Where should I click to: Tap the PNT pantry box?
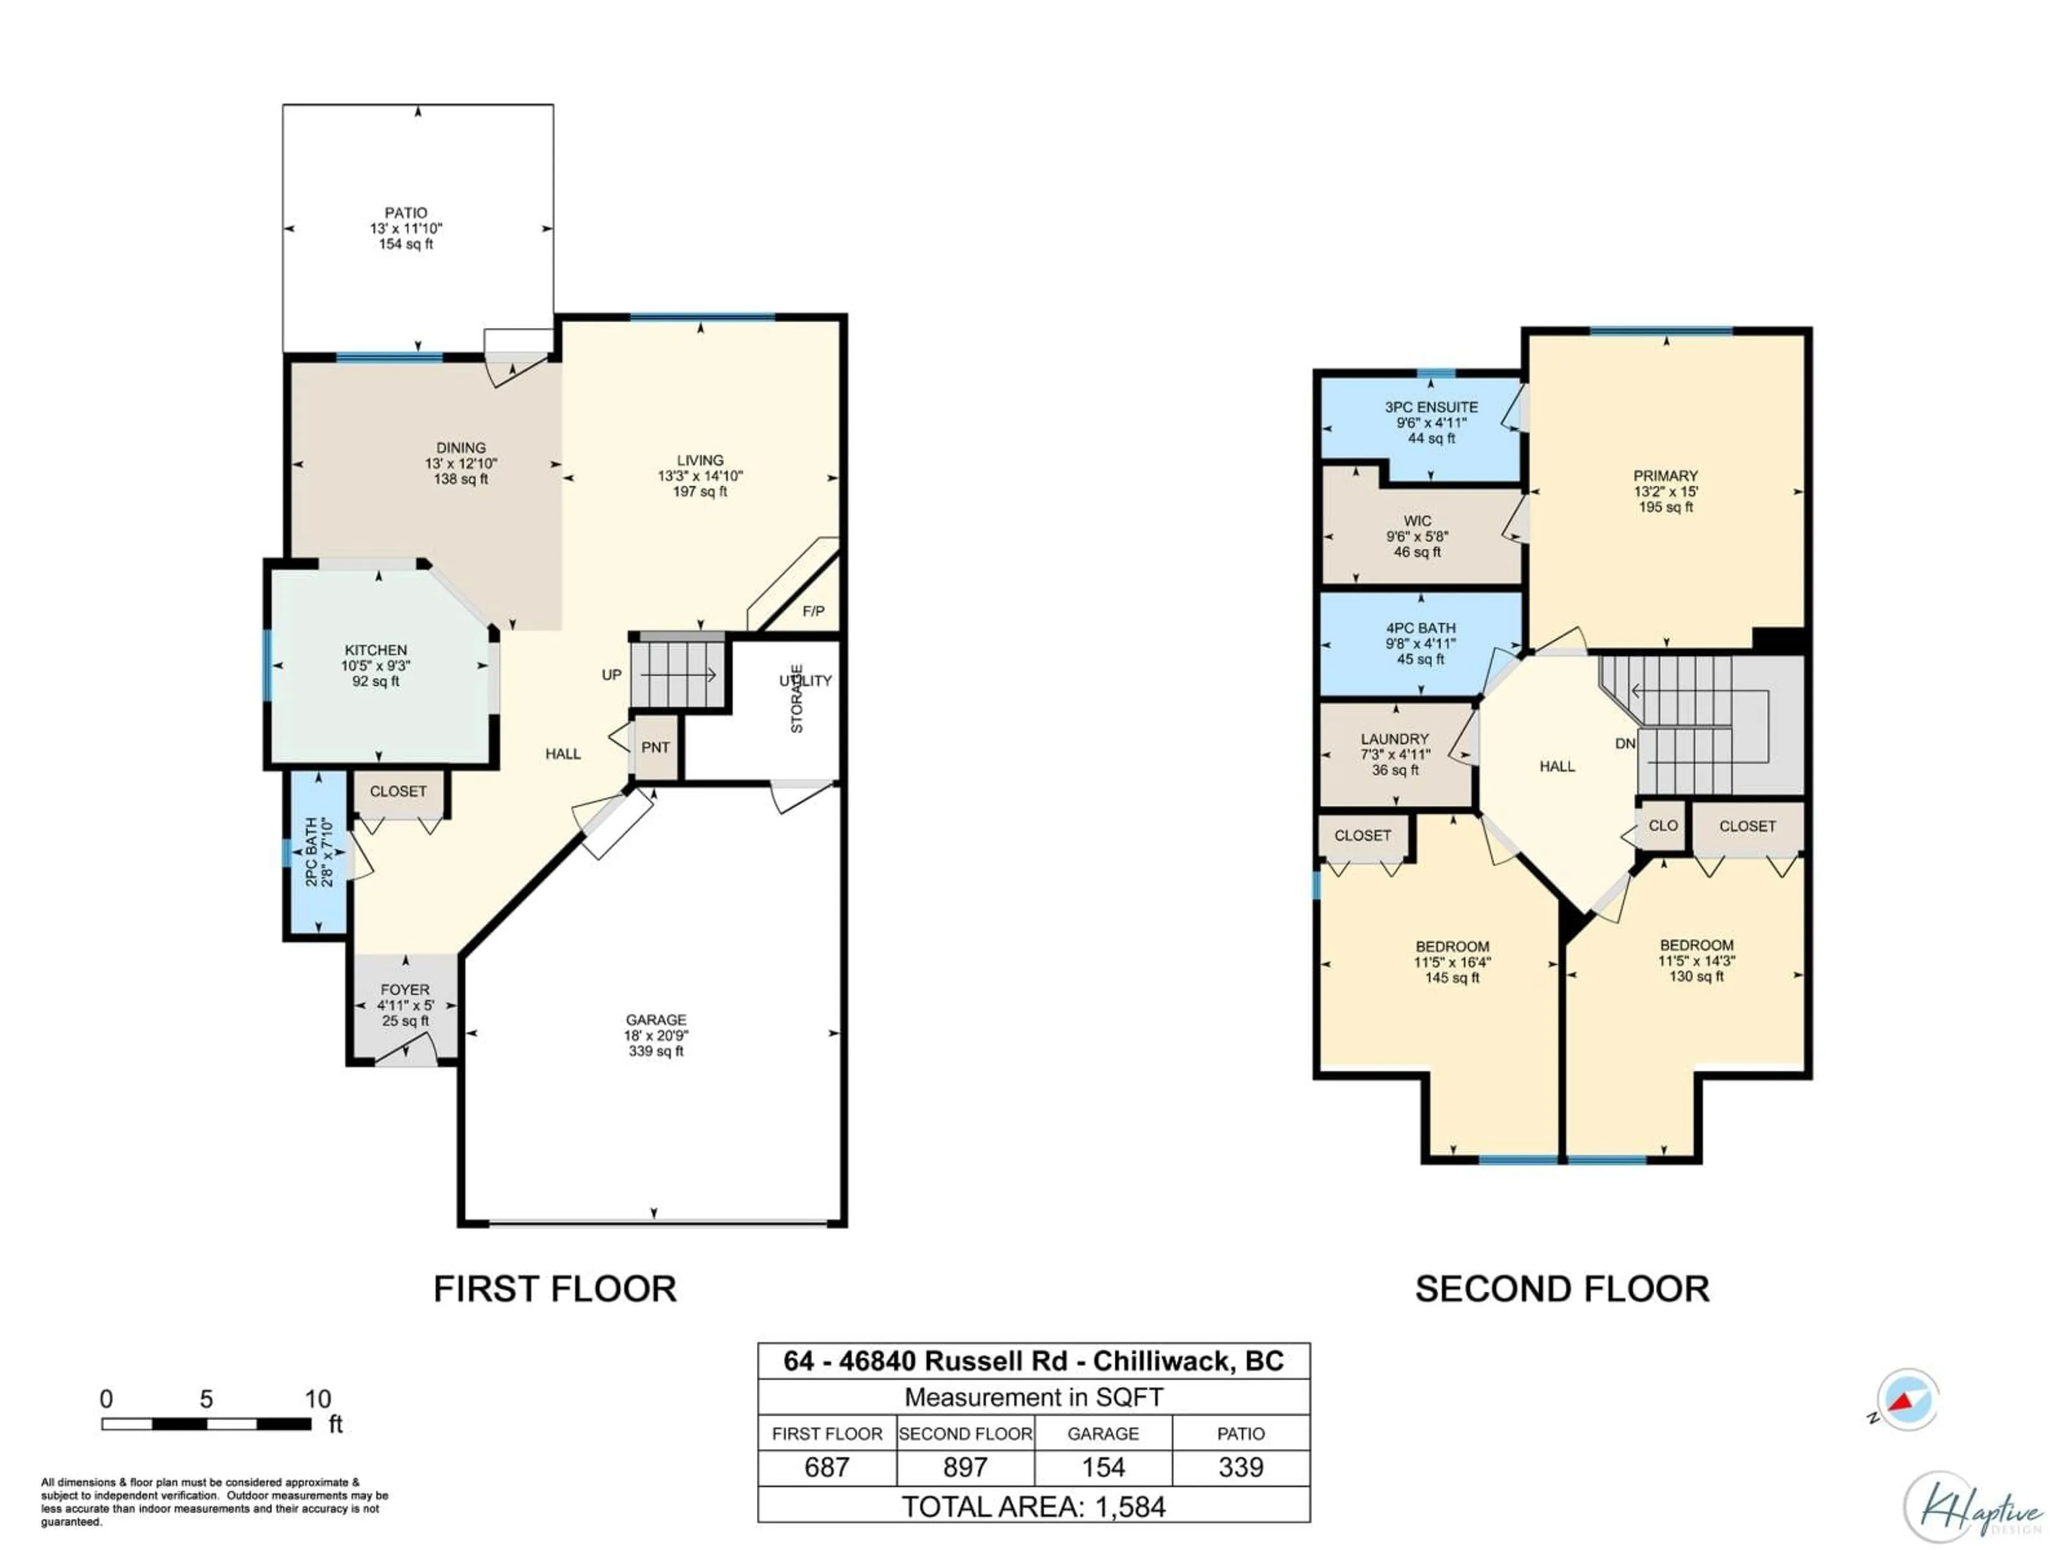(655, 748)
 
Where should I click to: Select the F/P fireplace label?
(813, 611)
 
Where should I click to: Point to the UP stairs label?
(611, 674)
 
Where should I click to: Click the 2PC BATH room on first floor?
(318, 852)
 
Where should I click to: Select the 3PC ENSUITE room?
(1431, 422)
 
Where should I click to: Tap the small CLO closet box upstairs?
(1662, 826)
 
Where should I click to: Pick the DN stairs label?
(1625, 744)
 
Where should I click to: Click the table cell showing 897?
(965, 1467)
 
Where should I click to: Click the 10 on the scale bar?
(318, 1399)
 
